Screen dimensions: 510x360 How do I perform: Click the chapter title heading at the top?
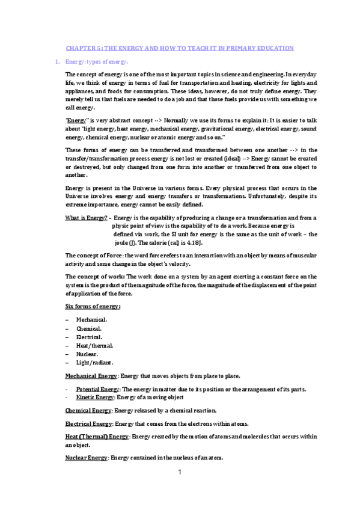[x=180, y=48]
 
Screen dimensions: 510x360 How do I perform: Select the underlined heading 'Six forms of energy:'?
[x=93, y=306]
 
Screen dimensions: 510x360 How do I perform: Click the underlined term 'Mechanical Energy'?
[x=91, y=376]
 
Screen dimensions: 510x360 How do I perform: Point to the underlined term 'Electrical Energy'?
[x=88, y=423]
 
